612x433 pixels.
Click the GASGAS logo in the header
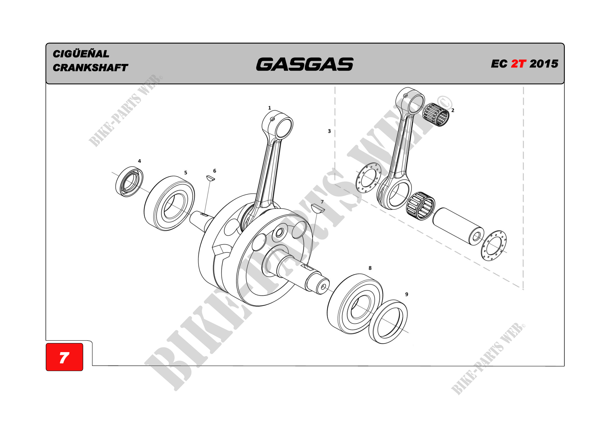click(x=305, y=64)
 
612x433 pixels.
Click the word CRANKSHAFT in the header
click(x=90, y=68)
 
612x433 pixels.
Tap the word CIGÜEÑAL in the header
click(x=81, y=54)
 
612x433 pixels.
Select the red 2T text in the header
click(x=519, y=64)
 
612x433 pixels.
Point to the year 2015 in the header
click(x=544, y=64)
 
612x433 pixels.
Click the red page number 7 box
click(x=64, y=357)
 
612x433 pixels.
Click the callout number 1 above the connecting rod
click(x=269, y=108)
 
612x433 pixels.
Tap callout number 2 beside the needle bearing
click(x=453, y=110)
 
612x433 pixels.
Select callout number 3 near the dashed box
click(x=329, y=131)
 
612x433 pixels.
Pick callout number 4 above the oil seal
click(x=140, y=161)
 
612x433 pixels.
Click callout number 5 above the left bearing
click(x=186, y=173)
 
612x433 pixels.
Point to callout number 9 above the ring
click(x=407, y=294)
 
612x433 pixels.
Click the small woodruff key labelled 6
click(x=210, y=178)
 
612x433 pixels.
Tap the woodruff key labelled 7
click(x=318, y=208)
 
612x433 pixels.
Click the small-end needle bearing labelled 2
click(x=436, y=115)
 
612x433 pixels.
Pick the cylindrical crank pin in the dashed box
click(x=458, y=226)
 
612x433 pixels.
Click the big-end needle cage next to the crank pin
click(x=421, y=206)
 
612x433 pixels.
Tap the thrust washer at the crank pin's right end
click(x=494, y=246)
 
